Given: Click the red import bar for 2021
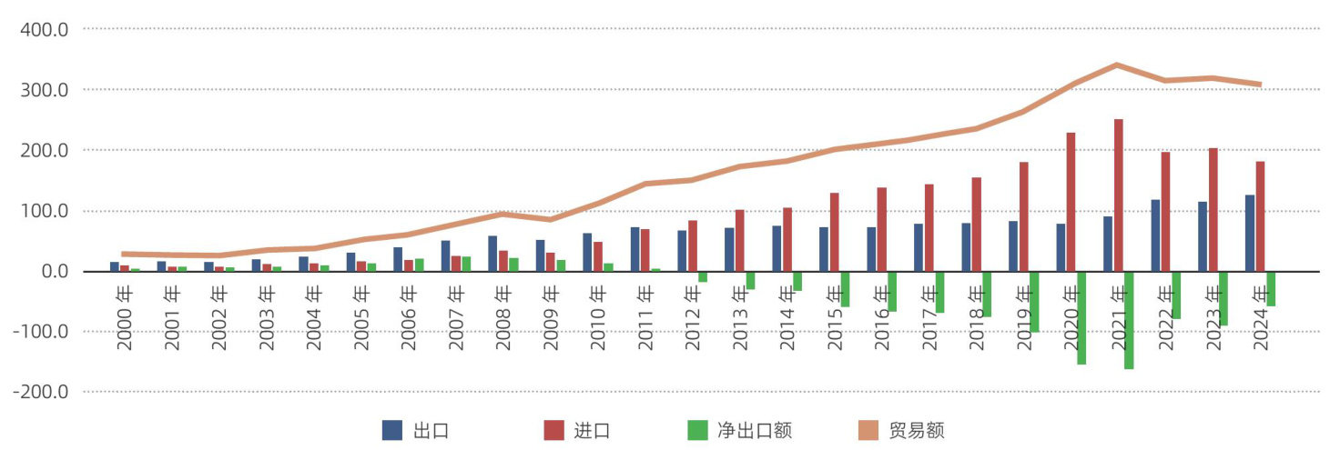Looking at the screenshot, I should pos(1118,195).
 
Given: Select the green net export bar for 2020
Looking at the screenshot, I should pos(1081,317).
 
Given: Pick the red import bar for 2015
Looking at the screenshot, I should pos(834,232).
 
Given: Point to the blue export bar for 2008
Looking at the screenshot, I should pos(492,254).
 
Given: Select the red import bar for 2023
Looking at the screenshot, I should pos(1213,210).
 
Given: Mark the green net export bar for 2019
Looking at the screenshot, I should pos(1034,301).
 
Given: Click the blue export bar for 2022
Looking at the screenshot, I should pos(1155,235).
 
